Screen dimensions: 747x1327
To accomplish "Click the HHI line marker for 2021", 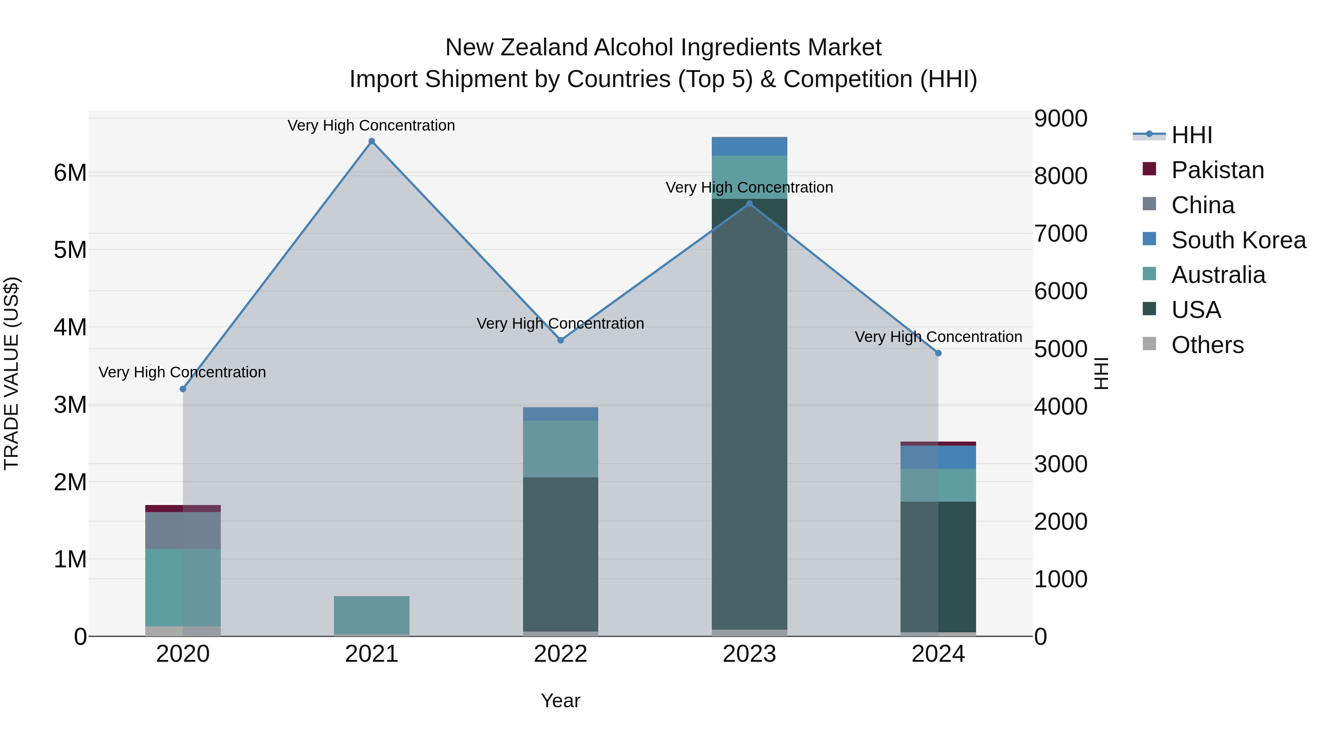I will coord(372,141).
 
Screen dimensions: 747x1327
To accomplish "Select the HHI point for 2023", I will coord(749,204).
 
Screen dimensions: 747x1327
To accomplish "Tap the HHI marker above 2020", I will coord(183,389).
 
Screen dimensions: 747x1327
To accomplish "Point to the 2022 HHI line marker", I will coord(560,340).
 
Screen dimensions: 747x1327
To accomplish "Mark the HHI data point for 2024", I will coord(938,353).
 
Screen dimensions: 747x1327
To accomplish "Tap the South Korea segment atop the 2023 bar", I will coord(749,146).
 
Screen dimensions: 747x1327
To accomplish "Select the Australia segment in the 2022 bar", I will coord(560,449).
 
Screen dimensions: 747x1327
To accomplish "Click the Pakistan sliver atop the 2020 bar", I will coord(183,508).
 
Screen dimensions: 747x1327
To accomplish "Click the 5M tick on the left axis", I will coord(70,250).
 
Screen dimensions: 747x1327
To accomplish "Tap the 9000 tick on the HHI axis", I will coord(1060,118).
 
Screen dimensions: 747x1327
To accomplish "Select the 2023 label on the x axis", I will coord(749,654).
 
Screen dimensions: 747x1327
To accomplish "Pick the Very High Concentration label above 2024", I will coord(938,337).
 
